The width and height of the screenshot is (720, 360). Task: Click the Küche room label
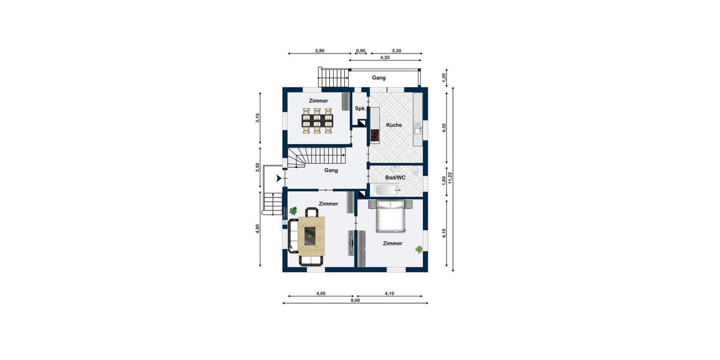pyautogui.click(x=394, y=125)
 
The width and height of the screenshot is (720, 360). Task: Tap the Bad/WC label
pyautogui.click(x=395, y=178)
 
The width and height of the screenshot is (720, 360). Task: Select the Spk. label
pyautogui.click(x=360, y=109)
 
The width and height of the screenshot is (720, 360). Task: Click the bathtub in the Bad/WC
pyautogui.click(x=386, y=191)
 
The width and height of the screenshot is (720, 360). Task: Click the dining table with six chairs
pyautogui.click(x=317, y=121)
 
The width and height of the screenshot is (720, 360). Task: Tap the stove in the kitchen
pyautogui.click(x=375, y=136)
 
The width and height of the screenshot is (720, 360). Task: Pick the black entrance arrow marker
pyautogui.click(x=278, y=178)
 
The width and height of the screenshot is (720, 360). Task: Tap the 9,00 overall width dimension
pyautogui.click(x=355, y=300)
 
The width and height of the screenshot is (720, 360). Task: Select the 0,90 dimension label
pyautogui.click(x=361, y=51)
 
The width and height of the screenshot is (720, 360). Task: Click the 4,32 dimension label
pyautogui.click(x=444, y=127)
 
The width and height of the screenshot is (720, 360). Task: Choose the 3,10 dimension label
pyautogui.click(x=257, y=118)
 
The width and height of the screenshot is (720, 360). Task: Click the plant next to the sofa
pyautogui.click(x=293, y=211)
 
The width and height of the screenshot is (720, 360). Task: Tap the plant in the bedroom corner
pyautogui.click(x=418, y=248)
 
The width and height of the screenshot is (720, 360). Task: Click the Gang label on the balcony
pyautogui.click(x=379, y=77)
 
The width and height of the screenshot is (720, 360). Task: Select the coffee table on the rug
pyautogui.click(x=310, y=235)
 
